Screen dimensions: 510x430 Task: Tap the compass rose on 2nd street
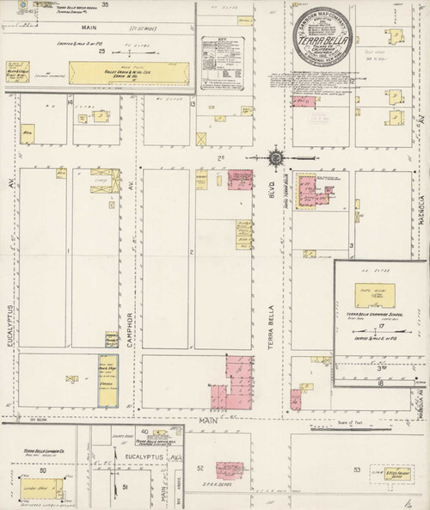(275, 157)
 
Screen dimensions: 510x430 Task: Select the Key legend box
(222, 63)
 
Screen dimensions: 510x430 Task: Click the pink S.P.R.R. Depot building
(230, 470)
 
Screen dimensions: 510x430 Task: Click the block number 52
(200, 468)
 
